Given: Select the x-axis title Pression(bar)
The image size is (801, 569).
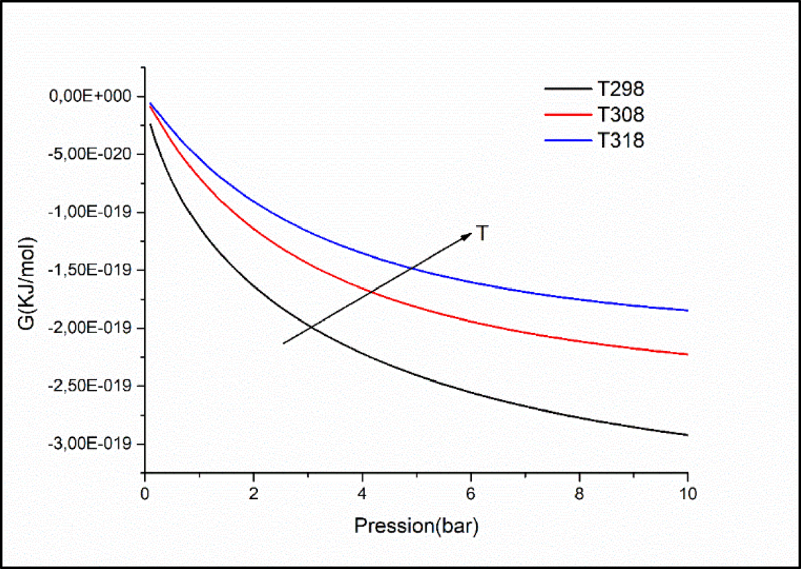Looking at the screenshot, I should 416,526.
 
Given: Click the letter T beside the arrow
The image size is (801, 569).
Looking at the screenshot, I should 482,234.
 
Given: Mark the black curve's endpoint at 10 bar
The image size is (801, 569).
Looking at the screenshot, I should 687,435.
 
